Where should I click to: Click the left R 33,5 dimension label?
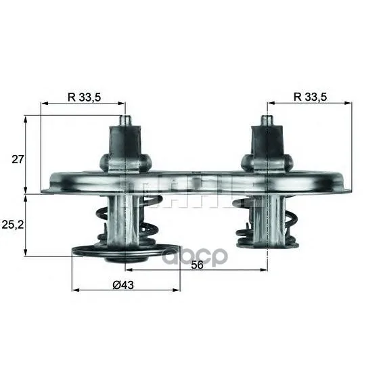point(85,97)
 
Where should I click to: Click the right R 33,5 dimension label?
point(310,97)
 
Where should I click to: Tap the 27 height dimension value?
point(18,160)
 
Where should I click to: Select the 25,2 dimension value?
point(13,225)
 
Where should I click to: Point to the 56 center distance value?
point(197,265)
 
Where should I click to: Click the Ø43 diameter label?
point(123,285)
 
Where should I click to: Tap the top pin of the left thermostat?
point(125,120)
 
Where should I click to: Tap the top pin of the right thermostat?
point(267,120)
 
